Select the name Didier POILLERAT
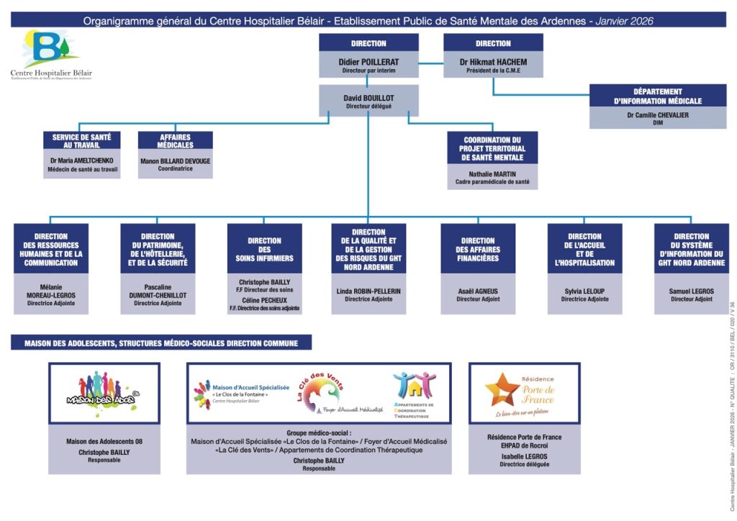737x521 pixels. (368, 62)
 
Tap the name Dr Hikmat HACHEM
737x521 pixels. (493, 62)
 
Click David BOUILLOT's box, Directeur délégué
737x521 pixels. (368, 101)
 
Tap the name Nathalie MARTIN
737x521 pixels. (492, 174)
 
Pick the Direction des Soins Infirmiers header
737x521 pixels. (264, 249)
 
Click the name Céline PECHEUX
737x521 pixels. (264, 299)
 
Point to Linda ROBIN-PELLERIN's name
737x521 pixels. (368, 291)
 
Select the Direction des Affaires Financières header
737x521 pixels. (478, 249)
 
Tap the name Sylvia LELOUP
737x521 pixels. (584, 291)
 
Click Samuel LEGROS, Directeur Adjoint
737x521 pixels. (691, 294)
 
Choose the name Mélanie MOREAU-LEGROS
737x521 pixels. (50, 291)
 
